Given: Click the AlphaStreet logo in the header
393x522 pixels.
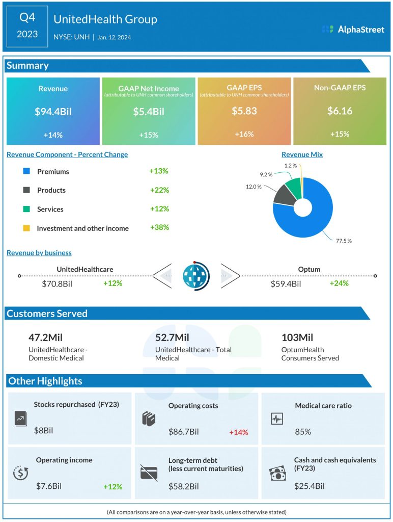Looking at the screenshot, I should click(x=353, y=30).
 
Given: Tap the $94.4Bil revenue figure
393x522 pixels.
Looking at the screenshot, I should click(x=53, y=112).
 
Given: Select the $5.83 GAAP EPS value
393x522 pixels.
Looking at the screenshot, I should click(x=244, y=111).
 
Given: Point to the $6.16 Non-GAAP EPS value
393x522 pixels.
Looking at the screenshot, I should click(x=340, y=111).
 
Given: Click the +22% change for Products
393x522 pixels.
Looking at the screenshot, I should click(x=159, y=190).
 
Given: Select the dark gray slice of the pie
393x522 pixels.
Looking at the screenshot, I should click(x=284, y=194).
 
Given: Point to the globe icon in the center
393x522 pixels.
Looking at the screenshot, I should click(x=195, y=277).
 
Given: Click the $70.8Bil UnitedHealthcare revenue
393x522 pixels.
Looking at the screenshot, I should click(x=57, y=283).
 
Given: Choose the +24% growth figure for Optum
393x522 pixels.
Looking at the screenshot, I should click(x=339, y=283).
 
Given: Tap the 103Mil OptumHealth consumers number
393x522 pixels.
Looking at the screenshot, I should click(x=297, y=337).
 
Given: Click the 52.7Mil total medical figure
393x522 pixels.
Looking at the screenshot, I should click(x=172, y=337).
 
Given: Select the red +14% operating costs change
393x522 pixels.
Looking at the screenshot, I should click(x=238, y=432).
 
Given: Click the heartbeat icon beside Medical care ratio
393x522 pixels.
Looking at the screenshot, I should click(x=276, y=419).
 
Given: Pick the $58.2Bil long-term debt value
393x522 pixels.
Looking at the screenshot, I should click(x=184, y=486).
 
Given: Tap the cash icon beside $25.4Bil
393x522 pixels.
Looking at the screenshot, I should click(x=277, y=474).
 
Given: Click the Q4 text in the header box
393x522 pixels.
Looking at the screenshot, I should click(x=27, y=18).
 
